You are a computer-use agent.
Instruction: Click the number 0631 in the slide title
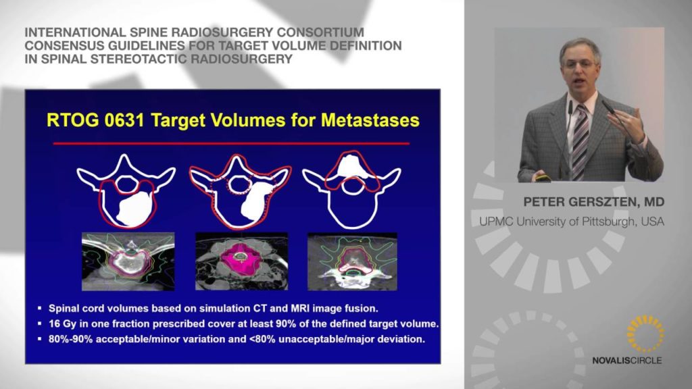[125, 120]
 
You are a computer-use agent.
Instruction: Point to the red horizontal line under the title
[231, 143]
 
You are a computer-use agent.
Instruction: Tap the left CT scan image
[128, 261]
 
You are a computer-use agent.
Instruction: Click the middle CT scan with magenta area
[241, 261]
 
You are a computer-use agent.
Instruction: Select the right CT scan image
[352, 261]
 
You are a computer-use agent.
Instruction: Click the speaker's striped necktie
[580, 142]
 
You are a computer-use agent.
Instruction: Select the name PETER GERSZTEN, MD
[593, 202]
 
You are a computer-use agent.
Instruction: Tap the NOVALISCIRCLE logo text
[626, 361]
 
